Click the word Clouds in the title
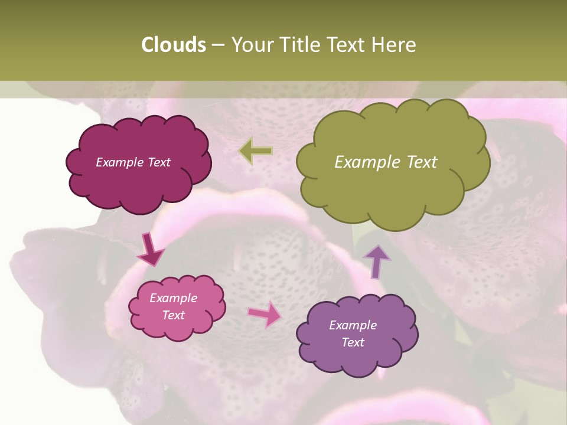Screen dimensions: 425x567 click(x=173, y=45)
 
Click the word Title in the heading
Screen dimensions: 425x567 click(x=299, y=45)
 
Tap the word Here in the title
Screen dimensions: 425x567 click(x=396, y=45)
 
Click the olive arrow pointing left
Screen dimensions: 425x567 click(x=256, y=151)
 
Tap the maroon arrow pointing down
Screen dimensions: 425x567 click(x=150, y=250)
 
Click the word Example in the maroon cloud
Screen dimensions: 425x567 click(x=119, y=162)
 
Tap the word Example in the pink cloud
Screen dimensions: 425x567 click(x=174, y=298)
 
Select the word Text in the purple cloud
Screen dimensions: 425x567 click(x=353, y=342)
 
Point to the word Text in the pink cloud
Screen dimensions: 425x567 click(x=174, y=315)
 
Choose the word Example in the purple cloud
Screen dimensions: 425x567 click(x=353, y=325)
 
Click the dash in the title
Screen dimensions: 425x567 click(x=217, y=45)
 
